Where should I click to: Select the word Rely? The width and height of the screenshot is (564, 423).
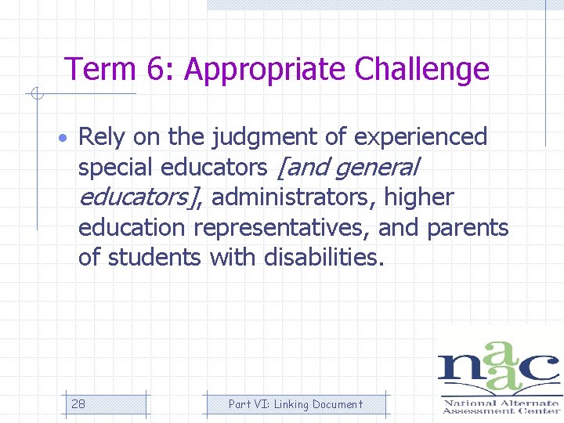(x=103, y=138)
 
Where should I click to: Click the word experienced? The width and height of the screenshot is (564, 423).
(x=421, y=138)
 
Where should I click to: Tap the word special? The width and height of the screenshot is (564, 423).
(x=115, y=167)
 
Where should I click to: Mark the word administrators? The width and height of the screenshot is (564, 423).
(x=295, y=197)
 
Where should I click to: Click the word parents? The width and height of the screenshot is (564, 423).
(x=468, y=227)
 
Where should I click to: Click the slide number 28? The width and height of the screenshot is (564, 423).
(x=78, y=404)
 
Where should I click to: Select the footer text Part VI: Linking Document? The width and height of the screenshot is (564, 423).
(x=295, y=404)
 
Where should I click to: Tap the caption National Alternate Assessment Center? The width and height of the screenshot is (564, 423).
(x=499, y=406)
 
